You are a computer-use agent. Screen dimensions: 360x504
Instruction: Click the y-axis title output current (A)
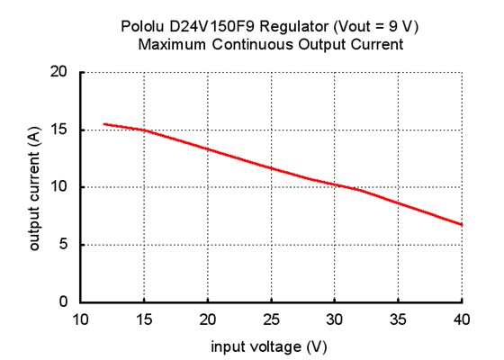click(35, 187)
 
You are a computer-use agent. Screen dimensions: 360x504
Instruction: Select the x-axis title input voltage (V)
click(269, 346)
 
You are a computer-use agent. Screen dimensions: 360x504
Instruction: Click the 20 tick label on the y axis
click(60, 72)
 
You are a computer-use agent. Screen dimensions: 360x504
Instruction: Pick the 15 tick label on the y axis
click(60, 130)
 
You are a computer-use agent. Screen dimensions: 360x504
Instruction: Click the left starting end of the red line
click(105, 124)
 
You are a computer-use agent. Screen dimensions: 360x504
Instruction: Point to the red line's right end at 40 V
click(461, 224)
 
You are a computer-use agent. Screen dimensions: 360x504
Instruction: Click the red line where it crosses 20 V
click(208, 148)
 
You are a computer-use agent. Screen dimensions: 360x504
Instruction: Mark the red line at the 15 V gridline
click(144, 130)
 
